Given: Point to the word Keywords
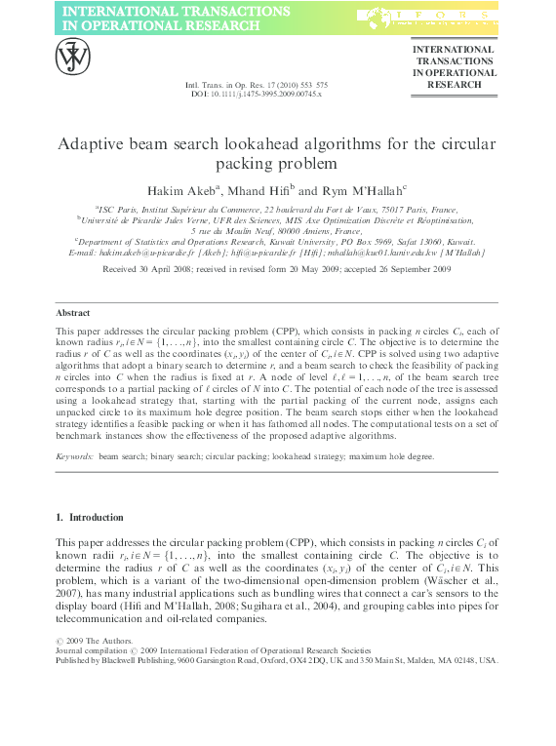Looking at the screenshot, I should pos(74,455).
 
